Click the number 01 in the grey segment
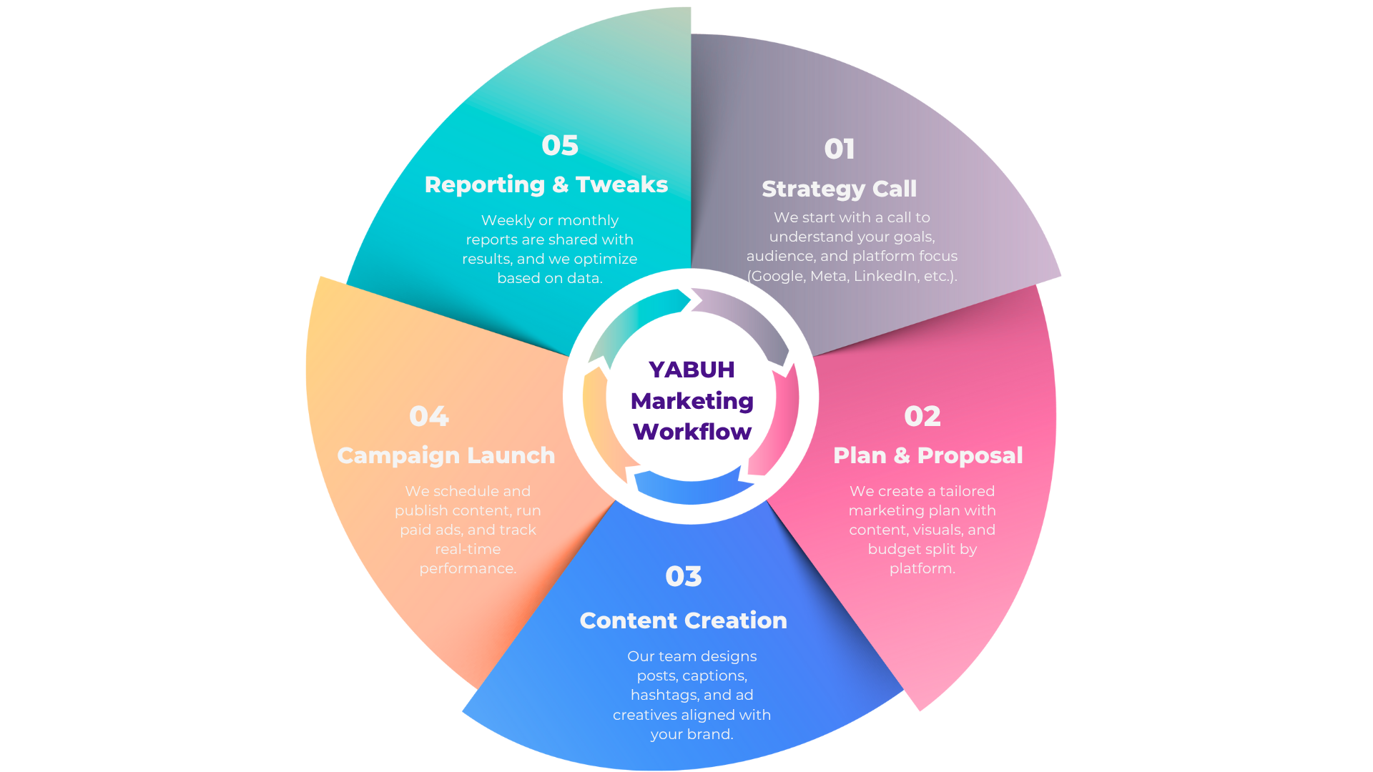point(839,149)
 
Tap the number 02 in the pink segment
point(922,417)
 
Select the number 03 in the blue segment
point(683,577)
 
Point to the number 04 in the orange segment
point(428,417)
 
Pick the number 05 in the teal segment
point(559,146)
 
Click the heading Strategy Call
point(839,189)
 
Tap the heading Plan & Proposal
point(927,455)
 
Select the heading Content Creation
point(683,620)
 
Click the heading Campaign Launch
point(446,455)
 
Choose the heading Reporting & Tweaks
point(546,184)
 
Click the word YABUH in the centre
point(692,370)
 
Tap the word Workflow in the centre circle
point(692,432)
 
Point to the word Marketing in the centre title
point(692,401)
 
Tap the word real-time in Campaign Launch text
point(468,549)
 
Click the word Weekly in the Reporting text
point(508,220)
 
